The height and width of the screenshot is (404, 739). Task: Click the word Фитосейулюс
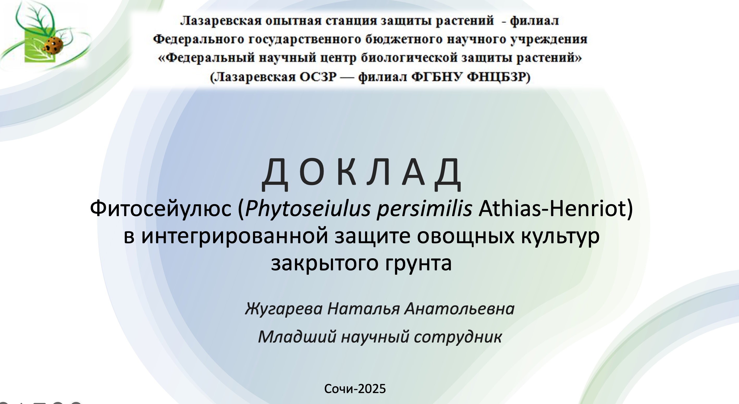[161, 209]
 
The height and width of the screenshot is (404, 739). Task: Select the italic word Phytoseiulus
[308, 209]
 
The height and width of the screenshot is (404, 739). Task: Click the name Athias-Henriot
[552, 208]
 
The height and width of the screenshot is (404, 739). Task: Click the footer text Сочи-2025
[355, 389]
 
